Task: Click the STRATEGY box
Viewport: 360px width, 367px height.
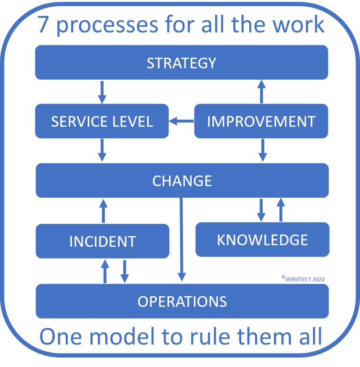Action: (x=182, y=63)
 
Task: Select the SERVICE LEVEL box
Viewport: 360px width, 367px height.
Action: (x=102, y=121)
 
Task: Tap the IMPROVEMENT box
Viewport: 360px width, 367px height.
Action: (x=261, y=121)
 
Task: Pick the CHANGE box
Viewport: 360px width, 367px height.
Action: (x=182, y=181)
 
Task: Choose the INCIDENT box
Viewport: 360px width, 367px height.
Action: (x=102, y=241)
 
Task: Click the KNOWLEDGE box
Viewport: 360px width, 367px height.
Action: (x=262, y=240)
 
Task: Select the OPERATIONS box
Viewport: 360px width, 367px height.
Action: (x=182, y=301)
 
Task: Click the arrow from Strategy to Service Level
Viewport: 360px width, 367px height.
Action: (x=102, y=92)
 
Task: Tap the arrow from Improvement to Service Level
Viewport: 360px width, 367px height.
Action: (x=181, y=121)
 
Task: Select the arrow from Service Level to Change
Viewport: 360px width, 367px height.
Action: (x=102, y=150)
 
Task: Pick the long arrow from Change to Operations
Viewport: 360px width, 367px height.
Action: (x=182, y=239)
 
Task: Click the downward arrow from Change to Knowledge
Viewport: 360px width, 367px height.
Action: (x=261, y=210)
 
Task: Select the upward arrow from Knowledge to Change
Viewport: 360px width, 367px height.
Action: (x=280, y=210)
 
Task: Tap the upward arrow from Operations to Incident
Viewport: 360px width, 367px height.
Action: (x=105, y=271)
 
